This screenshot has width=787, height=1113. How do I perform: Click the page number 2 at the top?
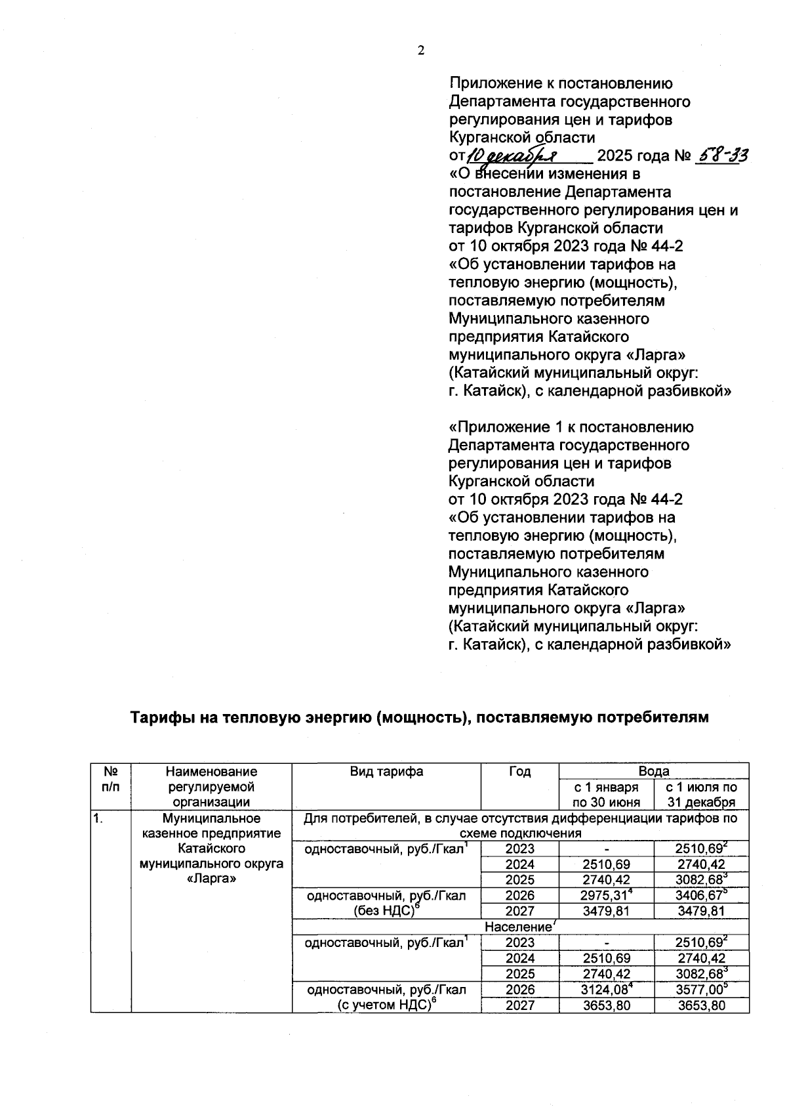[x=420, y=51]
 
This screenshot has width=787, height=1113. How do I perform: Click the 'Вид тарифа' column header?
[x=386, y=772]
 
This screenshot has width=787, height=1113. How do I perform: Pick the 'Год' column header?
[x=519, y=772]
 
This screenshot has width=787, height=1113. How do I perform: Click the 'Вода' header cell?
[x=653, y=771]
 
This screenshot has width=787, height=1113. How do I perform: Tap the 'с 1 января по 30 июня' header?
[x=606, y=794]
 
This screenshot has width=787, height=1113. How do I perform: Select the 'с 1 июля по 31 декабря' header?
[x=701, y=794]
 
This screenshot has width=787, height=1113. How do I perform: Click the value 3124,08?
[x=604, y=990]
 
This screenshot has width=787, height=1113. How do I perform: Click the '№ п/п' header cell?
[x=111, y=779]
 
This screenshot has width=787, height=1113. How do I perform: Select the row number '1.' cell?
[x=98, y=818]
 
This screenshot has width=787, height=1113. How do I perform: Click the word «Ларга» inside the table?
[x=211, y=879]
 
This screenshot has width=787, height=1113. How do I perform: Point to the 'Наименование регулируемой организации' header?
[x=211, y=786]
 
